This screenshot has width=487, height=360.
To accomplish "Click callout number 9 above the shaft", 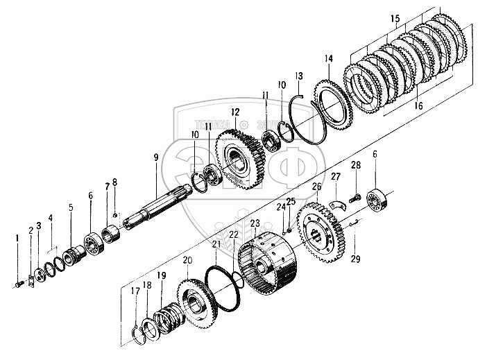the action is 155,157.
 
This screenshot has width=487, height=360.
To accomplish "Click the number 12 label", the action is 236,111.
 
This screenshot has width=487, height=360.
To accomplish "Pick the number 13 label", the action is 299,75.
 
